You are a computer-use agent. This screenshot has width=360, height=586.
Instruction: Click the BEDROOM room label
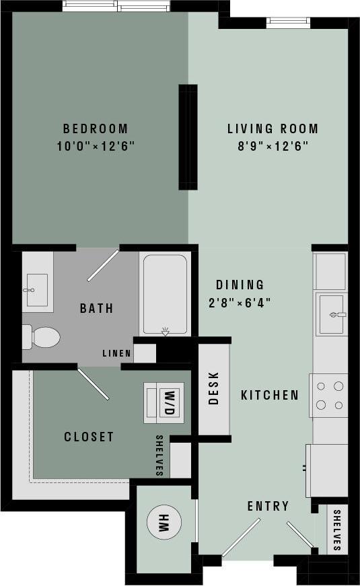95,129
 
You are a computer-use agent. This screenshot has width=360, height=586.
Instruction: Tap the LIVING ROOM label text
272,129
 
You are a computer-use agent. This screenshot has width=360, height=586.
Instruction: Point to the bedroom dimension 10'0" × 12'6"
95,146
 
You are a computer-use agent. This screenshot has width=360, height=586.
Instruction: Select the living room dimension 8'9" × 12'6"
272,146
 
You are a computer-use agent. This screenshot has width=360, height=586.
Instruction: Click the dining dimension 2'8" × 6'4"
240,302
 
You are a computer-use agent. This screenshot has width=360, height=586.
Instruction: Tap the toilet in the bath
42,336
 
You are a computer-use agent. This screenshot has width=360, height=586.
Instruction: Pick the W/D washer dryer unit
164,403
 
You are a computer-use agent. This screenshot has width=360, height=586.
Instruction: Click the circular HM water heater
163,522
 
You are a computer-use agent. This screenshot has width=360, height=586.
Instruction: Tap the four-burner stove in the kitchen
329,396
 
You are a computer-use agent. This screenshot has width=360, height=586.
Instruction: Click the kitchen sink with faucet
331,313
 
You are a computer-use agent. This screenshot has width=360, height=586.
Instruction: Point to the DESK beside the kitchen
214,389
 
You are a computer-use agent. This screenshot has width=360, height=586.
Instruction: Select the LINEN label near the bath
116,353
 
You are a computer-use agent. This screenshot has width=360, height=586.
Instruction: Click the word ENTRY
268,506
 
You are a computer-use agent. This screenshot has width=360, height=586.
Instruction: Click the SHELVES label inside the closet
159,455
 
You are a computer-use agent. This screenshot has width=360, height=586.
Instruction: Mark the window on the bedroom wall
116,6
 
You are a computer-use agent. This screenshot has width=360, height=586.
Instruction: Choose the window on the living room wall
288,22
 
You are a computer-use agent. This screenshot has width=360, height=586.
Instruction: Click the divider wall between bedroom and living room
188,137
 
